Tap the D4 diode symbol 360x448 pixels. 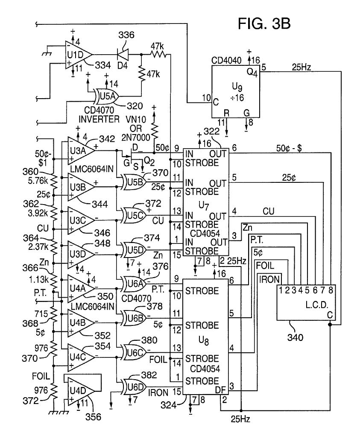click(122, 55)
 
